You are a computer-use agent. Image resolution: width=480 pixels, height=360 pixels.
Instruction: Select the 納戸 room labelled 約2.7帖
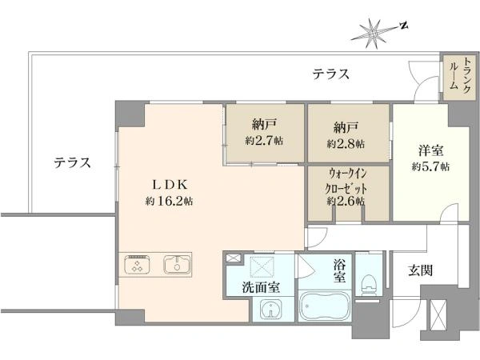coord(264,132)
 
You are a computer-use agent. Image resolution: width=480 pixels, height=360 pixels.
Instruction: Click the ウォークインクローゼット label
coord(346,186)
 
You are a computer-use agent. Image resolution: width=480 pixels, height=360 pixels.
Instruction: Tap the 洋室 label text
coord(430,150)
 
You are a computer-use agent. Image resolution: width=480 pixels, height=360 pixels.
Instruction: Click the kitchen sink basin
coord(177,264)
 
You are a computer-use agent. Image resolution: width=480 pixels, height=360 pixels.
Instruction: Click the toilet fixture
coord(368,284)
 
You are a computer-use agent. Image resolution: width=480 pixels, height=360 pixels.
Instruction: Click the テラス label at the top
coord(330,74)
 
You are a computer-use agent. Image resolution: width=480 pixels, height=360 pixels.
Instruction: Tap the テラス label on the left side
coord(72,162)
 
